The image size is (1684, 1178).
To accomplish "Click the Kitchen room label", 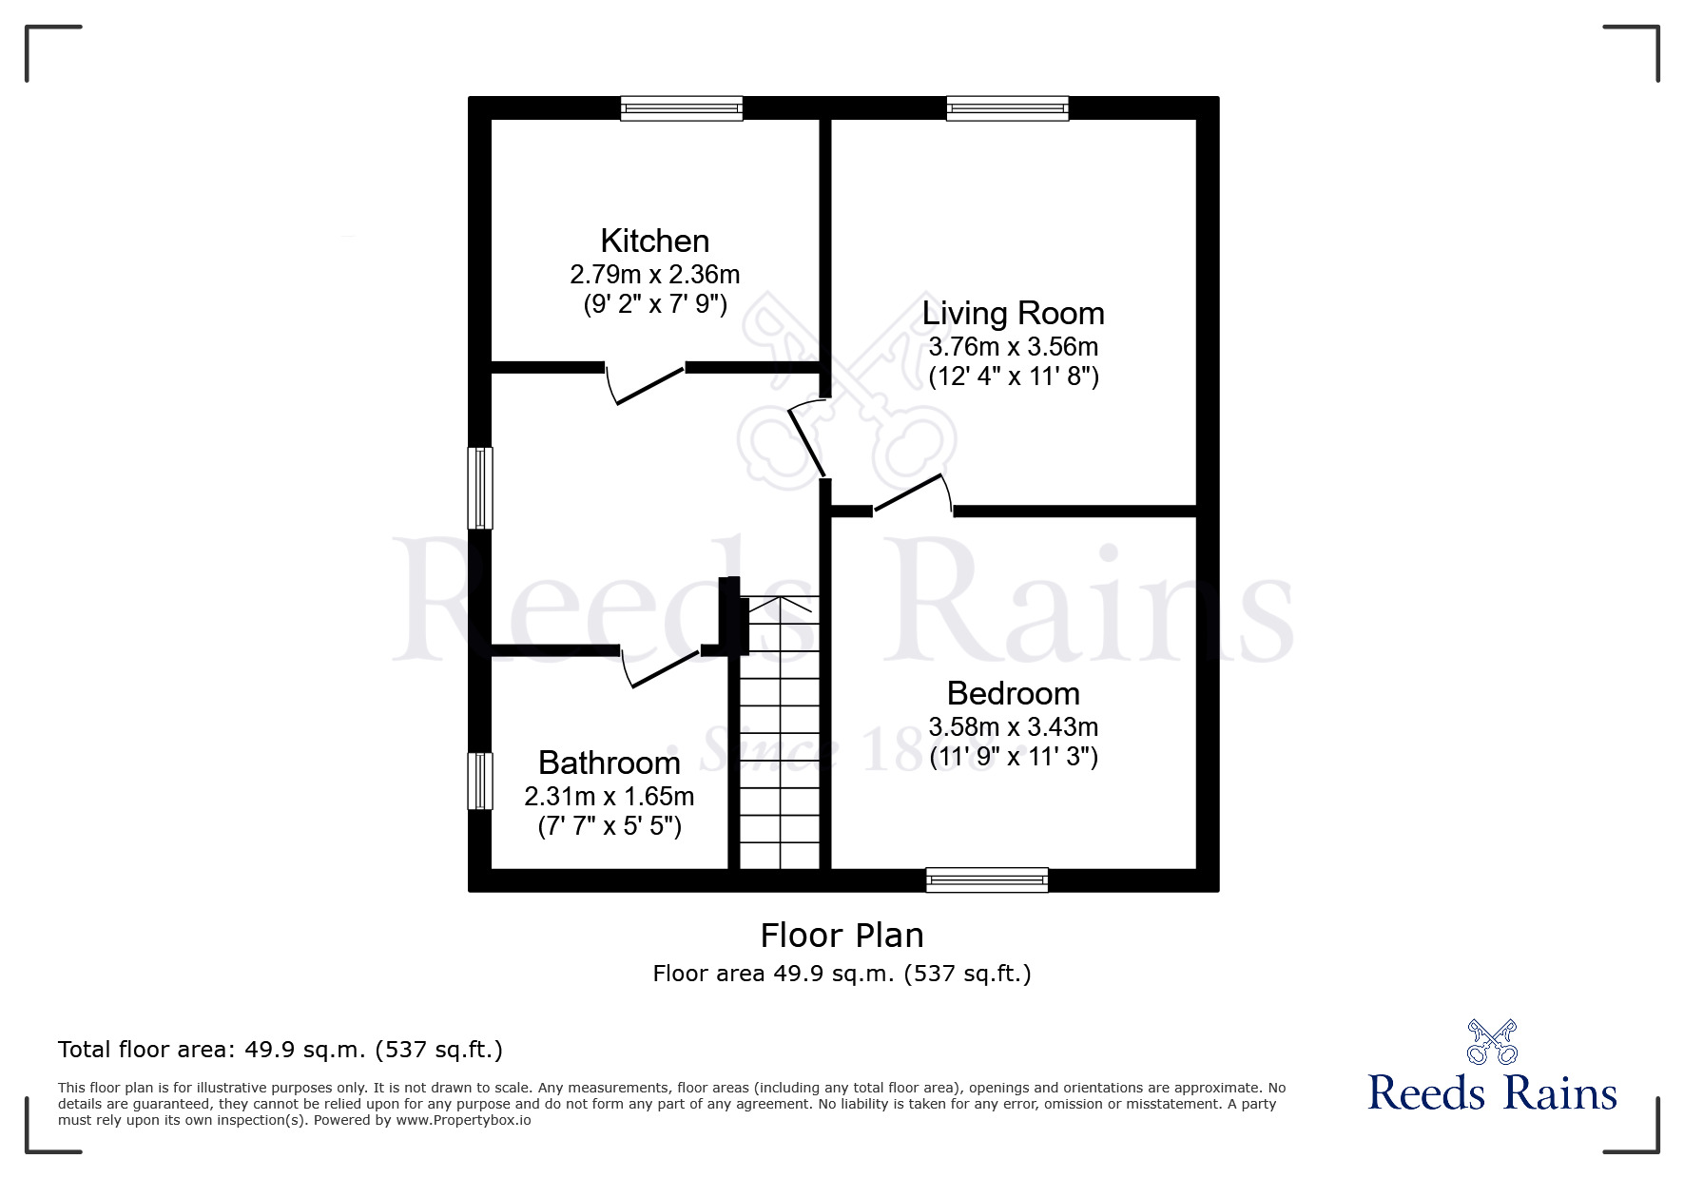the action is [654, 241].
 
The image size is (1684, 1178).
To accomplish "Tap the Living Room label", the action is [1013, 313].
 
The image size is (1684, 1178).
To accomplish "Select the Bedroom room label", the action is [1013, 692].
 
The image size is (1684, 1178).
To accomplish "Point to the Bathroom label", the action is [609, 763].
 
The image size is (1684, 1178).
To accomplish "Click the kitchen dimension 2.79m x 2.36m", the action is [654, 275].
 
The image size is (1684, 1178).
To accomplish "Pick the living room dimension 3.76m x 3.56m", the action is [1013, 346].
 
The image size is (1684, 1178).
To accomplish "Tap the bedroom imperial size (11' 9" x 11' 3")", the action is [1013, 758].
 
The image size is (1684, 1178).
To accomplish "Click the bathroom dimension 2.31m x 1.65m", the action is [609, 795].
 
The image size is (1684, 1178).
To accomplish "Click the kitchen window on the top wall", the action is [681, 108].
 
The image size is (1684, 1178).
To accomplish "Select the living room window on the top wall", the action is [1007, 108].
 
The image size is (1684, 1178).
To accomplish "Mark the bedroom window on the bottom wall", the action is [987, 879].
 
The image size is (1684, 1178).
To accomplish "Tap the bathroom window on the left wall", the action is [480, 781].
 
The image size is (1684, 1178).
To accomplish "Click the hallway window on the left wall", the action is [480, 488].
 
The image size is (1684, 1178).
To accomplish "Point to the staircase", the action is [779, 731].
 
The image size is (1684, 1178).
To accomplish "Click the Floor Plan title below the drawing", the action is [842, 936].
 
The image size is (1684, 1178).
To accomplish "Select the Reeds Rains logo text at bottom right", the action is [1493, 1092].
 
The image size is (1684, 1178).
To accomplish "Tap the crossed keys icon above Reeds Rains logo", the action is [1492, 1041].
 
